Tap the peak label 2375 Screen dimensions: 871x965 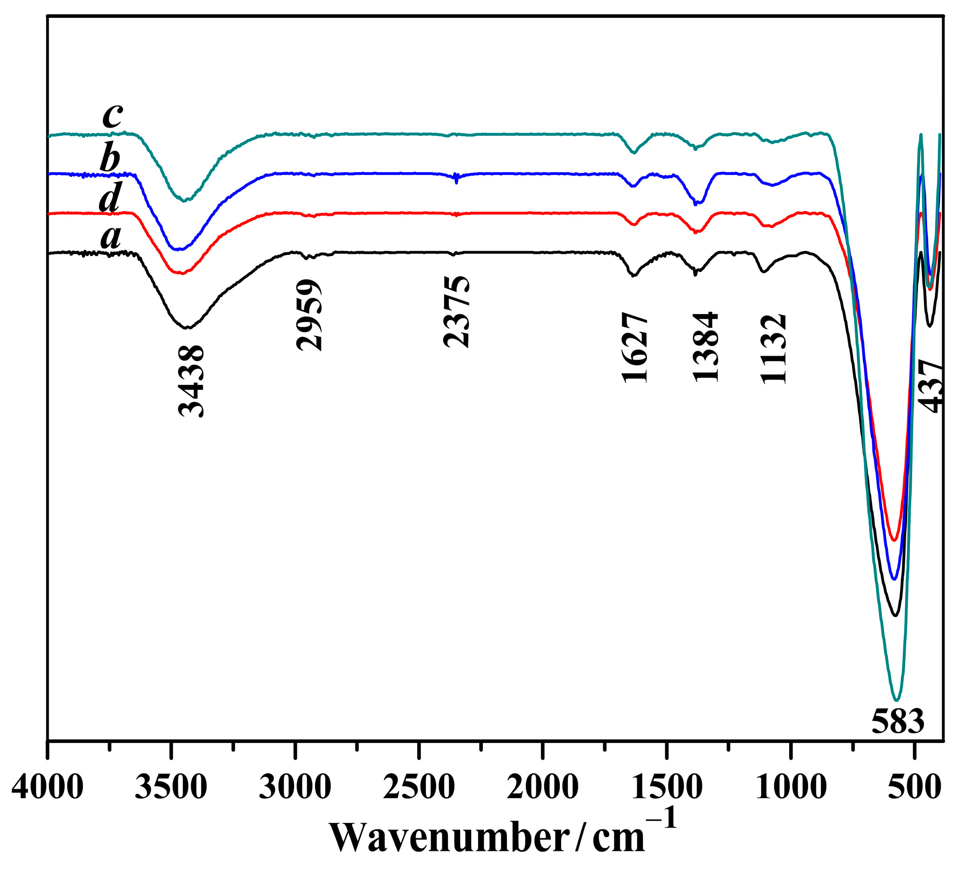click(x=457, y=311)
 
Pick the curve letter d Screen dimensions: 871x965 click(x=109, y=197)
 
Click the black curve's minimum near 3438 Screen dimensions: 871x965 click(x=187, y=328)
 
